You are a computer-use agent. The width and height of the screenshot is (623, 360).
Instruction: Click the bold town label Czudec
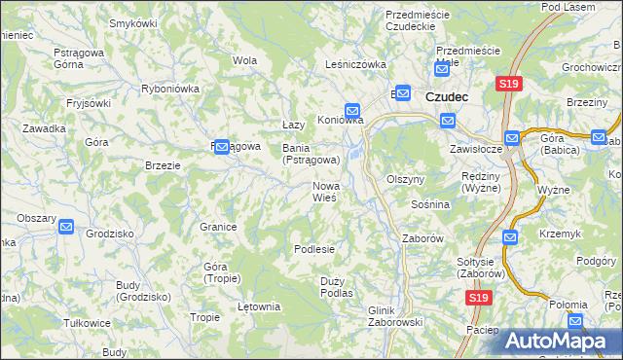pyautogui.click(x=447, y=97)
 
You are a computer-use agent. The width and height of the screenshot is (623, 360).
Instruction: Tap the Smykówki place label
pyautogui.click(x=133, y=22)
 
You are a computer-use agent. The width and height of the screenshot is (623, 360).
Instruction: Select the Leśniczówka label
pyautogui.click(x=355, y=65)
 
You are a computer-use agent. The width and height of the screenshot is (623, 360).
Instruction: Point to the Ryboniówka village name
pyautogui.click(x=170, y=88)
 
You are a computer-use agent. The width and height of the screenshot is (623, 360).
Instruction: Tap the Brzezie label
pyautogui.click(x=163, y=165)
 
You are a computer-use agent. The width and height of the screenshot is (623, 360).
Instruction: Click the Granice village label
pyautogui.click(x=219, y=227)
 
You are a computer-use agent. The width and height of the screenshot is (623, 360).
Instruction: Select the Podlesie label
pyautogui.click(x=314, y=249)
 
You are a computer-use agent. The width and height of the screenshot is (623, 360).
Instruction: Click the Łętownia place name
pyautogui.click(x=258, y=306)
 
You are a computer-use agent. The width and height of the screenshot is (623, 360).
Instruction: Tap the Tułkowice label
pyautogui.click(x=84, y=323)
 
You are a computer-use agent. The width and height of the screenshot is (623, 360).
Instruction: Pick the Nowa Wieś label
pyautogui.click(x=325, y=191)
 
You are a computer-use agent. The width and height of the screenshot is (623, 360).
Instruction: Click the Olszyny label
pyautogui.click(x=406, y=180)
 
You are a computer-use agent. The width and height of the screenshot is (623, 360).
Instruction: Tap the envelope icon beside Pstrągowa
pyautogui.click(x=221, y=147)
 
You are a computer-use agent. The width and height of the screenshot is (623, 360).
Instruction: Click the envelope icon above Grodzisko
pyautogui.click(x=65, y=227)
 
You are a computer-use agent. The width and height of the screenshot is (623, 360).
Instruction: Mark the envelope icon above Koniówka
pyautogui.click(x=352, y=110)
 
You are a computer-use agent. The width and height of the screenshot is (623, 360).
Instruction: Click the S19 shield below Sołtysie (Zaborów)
pyautogui.click(x=477, y=299)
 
